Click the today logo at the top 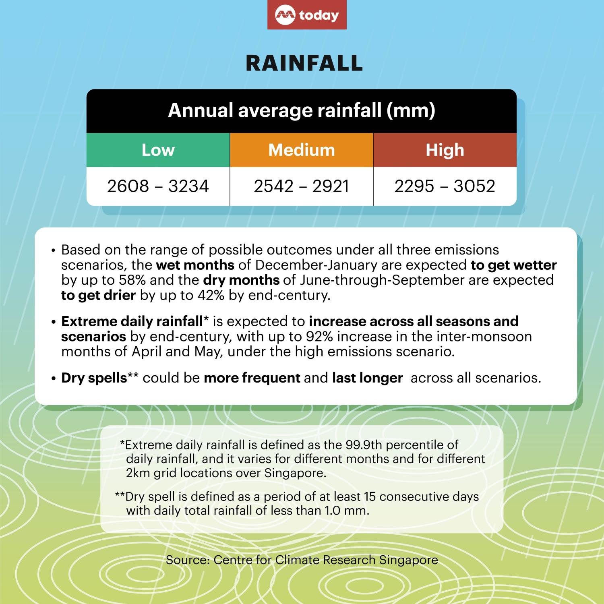point(307,15)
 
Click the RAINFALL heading point(304,63)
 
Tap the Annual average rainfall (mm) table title point(302,111)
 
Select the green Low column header point(158,150)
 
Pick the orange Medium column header point(302,150)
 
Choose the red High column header point(445,150)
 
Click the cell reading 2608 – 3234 point(158,186)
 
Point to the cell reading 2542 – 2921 point(302,186)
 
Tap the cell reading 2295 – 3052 point(445,186)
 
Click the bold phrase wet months point(195,265)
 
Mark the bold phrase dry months point(241,280)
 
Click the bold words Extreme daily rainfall point(132,322)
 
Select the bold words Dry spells point(94,378)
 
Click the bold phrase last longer point(367,378)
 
